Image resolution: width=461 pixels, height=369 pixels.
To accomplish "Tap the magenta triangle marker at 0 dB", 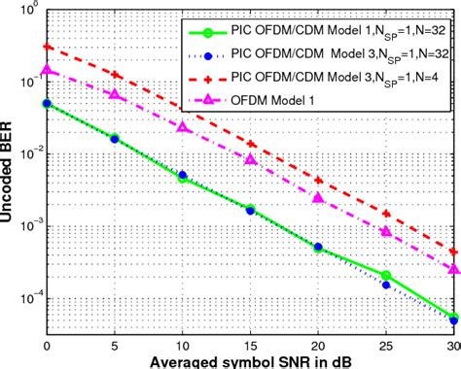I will coord(47,70).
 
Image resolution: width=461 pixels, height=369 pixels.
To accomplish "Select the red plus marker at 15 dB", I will coord(250,143).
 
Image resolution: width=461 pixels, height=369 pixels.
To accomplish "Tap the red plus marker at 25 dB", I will coord(386,214).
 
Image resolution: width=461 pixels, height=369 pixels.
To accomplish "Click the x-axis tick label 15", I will coord(250,345).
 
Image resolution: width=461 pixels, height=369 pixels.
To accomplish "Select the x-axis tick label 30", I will coord(451,345).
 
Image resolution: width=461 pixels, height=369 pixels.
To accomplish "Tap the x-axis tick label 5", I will coord(115,345).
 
